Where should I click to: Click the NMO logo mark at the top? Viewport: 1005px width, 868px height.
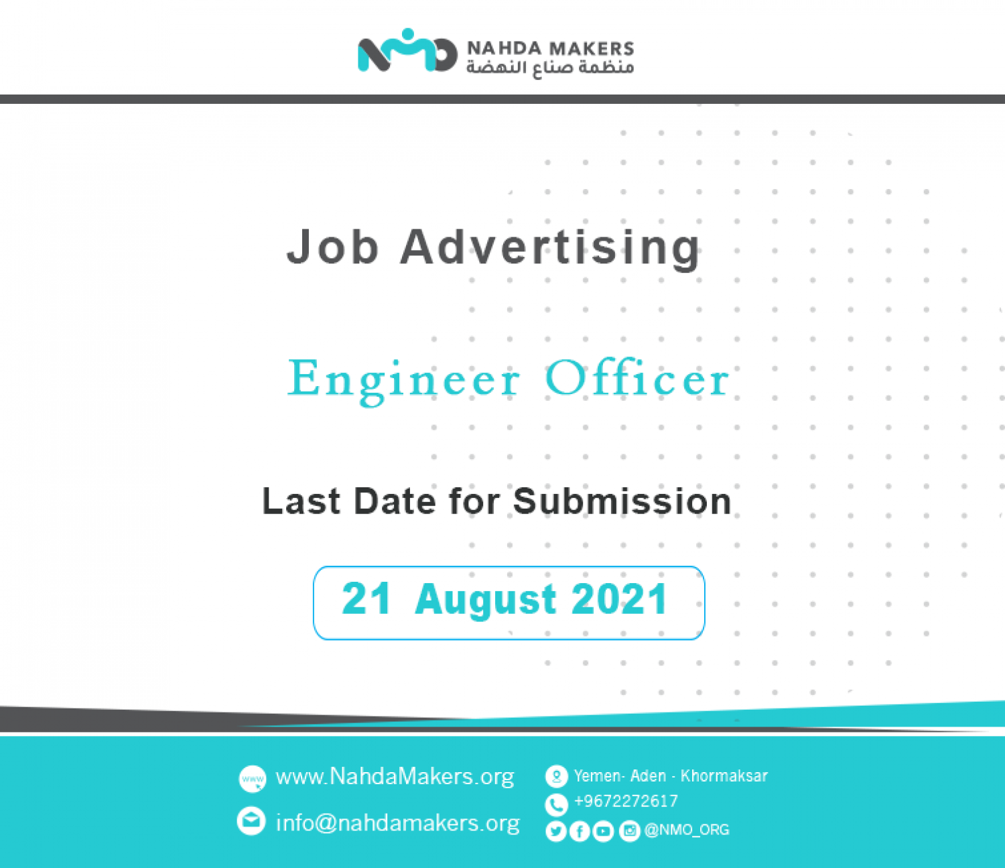[x=407, y=50]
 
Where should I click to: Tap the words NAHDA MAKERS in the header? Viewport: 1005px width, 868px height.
[x=550, y=48]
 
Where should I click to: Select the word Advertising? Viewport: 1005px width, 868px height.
[x=550, y=249]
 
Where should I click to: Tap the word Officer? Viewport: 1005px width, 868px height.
[x=637, y=377]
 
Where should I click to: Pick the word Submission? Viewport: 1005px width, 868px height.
[x=622, y=501]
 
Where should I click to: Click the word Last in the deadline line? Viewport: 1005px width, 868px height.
[x=301, y=501]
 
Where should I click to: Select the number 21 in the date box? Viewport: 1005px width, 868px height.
[x=366, y=599]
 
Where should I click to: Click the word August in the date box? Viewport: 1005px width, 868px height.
[x=485, y=601]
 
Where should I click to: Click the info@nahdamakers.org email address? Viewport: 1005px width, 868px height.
[x=398, y=822]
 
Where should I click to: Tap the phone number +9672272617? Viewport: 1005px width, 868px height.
[x=626, y=802]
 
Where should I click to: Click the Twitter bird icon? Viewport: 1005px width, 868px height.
[x=555, y=831]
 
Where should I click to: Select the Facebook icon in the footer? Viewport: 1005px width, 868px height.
[x=580, y=831]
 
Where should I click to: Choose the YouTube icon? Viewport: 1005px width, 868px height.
[x=604, y=831]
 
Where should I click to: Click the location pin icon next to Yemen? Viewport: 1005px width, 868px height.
[x=557, y=777]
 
